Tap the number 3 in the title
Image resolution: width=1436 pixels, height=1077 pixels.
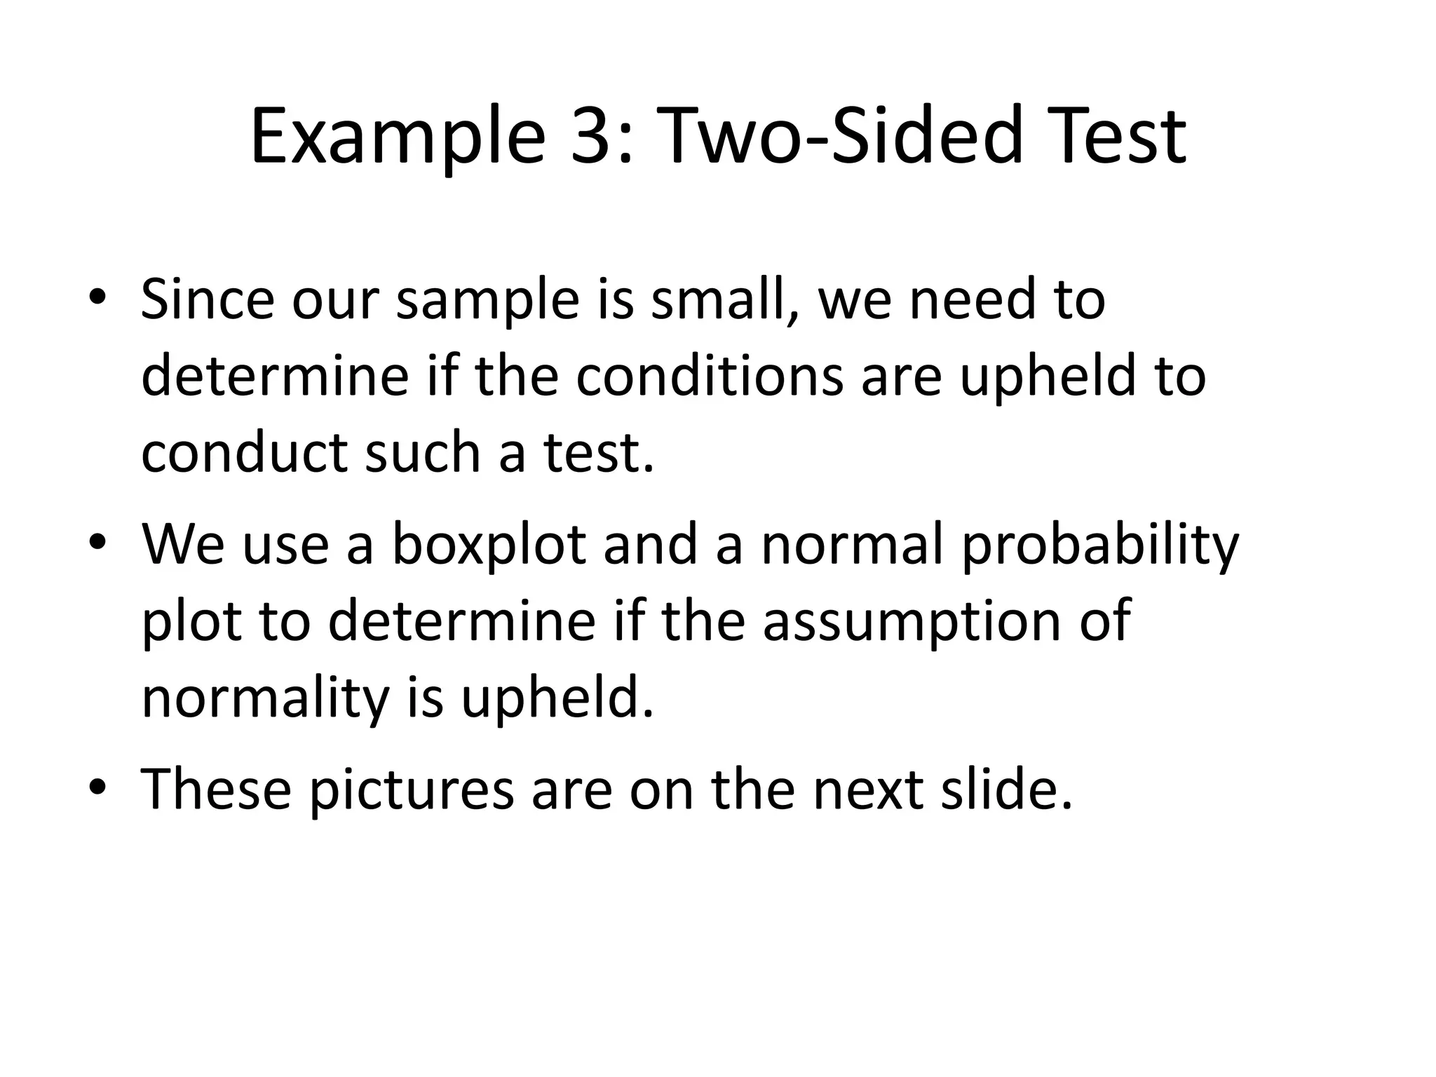(x=593, y=137)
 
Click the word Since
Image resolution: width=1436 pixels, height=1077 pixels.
(x=208, y=299)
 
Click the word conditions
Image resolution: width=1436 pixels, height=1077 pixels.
(x=710, y=376)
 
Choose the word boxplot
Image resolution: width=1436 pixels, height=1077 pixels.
(x=489, y=545)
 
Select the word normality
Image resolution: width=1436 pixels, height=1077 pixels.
(x=264, y=699)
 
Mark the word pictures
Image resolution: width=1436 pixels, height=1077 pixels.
(x=412, y=790)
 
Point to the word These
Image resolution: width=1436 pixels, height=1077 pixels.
(x=216, y=789)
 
